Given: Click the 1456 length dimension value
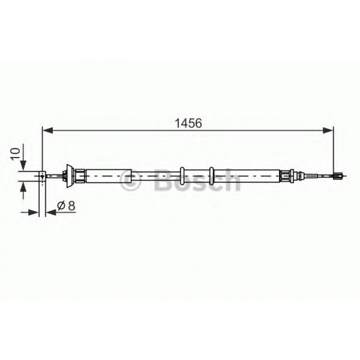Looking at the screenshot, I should tap(189, 123).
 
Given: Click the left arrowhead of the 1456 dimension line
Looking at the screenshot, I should tap(46, 131).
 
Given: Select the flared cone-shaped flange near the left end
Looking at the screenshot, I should tap(68, 176).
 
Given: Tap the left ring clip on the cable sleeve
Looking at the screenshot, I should tap(182, 176).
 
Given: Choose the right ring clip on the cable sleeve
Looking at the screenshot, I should tap(212, 176).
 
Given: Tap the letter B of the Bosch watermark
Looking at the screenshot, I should tap(164, 180).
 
